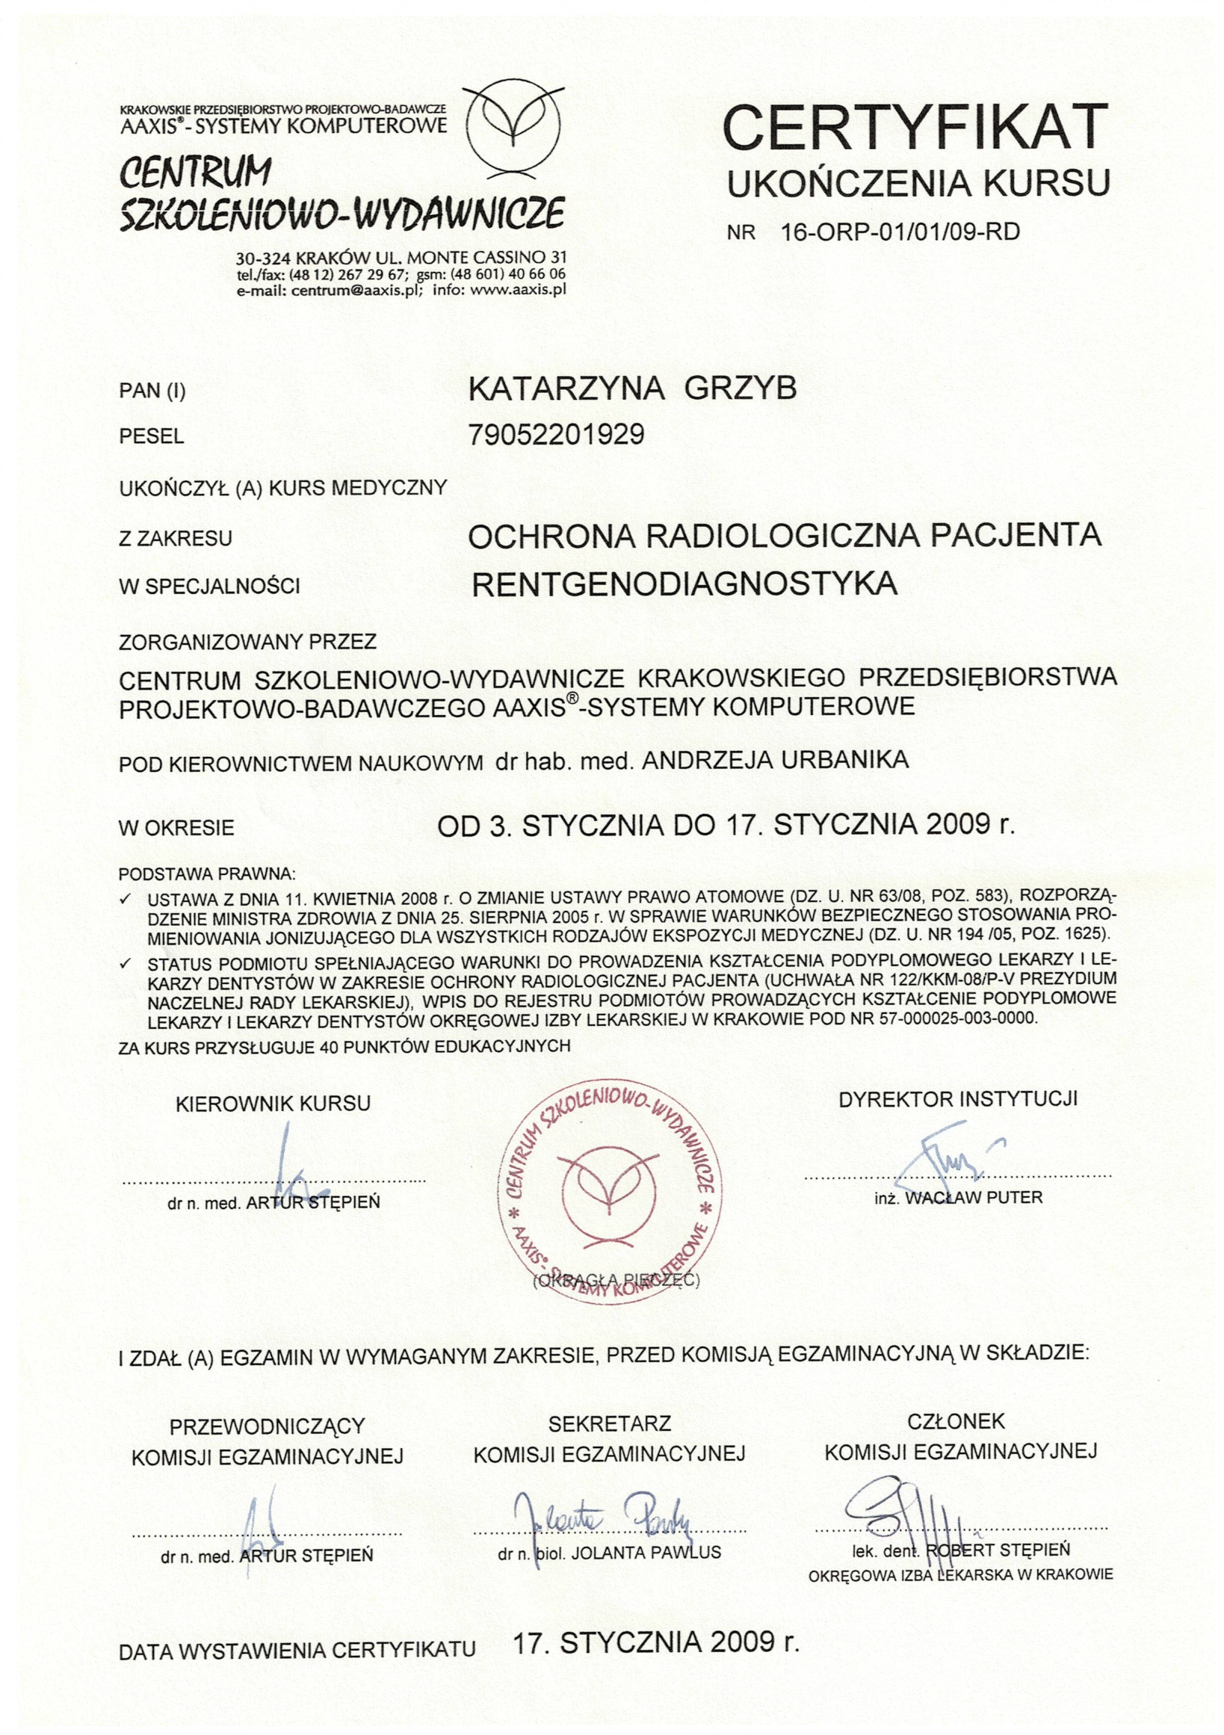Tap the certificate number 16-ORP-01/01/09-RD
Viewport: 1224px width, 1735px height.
(900, 231)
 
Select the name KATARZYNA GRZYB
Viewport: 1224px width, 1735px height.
(632, 389)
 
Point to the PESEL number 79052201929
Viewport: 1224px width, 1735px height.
(556, 435)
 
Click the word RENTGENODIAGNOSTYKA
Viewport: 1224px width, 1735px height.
(684, 584)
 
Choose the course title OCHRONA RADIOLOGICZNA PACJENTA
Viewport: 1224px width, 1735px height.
(785, 536)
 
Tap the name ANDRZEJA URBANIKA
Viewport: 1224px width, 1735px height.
(774, 760)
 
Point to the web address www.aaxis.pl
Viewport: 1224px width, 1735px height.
(519, 288)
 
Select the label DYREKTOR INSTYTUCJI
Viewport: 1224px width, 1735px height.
(958, 1099)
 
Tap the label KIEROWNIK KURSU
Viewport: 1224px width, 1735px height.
(273, 1104)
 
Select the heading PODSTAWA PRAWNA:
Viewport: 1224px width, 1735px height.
(207, 875)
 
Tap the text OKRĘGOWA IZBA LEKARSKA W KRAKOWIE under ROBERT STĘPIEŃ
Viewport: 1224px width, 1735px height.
(960, 1576)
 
